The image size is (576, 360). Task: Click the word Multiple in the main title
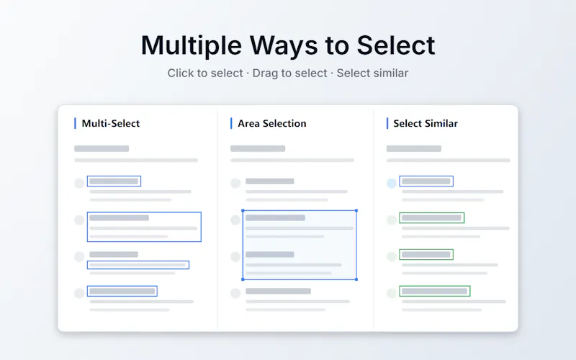coord(192,46)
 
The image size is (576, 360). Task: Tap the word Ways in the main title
coord(284,46)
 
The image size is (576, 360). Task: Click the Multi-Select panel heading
coord(111,123)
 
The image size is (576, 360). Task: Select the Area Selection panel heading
coord(272,123)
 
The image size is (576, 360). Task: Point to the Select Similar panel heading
coord(426,123)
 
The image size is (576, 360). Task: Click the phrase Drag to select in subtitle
coord(289,73)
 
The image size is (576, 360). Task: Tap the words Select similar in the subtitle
coord(372,73)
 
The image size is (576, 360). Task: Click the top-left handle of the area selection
coord(243,210)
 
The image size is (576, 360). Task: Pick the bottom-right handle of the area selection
coord(356,279)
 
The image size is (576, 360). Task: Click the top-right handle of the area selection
coord(356,210)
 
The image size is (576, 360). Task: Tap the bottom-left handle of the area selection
coord(243,279)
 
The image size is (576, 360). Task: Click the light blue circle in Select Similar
coord(392,184)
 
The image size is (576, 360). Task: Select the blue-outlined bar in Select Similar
coord(426,181)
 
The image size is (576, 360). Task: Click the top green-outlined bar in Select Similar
coord(431,218)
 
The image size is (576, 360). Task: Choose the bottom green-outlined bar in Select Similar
coord(435,292)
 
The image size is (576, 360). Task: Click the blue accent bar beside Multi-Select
coord(75,123)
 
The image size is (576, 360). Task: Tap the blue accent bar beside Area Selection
coord(231,123)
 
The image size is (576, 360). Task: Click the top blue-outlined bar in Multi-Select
coord(114,181)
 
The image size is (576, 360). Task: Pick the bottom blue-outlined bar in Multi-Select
coord(122,292)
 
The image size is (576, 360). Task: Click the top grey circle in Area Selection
coord(235,184)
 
